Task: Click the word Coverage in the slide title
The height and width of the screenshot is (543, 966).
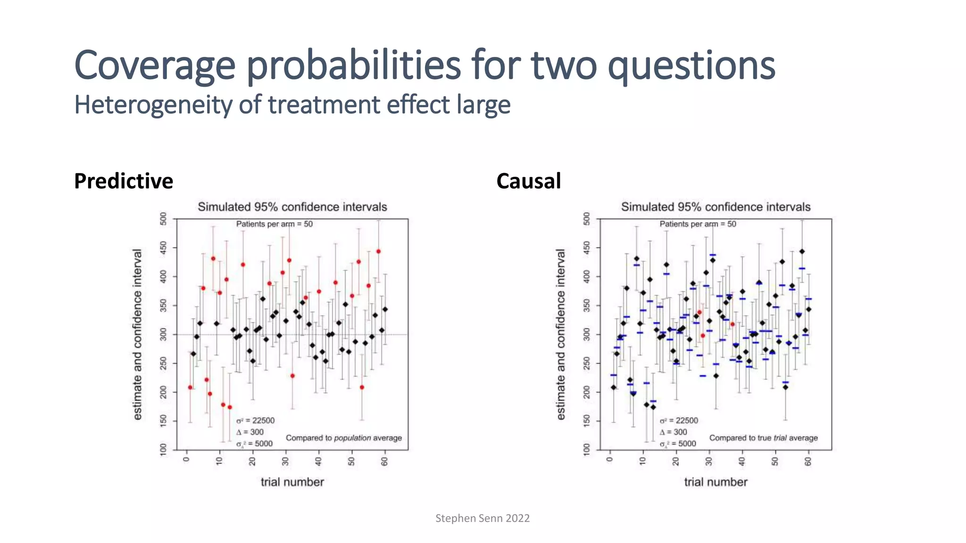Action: (155, 66)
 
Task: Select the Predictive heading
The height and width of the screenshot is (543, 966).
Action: (124, 181)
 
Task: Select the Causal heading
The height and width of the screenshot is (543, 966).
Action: (528, 181)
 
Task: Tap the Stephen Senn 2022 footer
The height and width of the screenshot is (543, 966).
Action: (482, 518)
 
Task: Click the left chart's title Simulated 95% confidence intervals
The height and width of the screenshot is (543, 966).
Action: (292, 207)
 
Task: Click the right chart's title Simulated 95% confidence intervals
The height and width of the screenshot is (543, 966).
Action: (715, 207)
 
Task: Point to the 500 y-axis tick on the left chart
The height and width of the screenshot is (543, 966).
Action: (164, 219)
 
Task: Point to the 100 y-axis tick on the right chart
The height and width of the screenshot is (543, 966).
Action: (587, 449)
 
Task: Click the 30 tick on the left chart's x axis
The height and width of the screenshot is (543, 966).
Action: (285, 461)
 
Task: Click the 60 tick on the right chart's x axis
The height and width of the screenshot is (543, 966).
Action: (808, 461)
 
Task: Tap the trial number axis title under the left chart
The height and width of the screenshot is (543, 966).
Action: (292, 482)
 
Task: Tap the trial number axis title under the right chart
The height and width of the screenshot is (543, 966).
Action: (715, 482)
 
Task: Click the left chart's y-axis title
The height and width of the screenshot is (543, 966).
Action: (137, 334)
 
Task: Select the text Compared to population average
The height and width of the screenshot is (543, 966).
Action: (343, 438)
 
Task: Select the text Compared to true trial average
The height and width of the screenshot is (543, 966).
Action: (763, 438)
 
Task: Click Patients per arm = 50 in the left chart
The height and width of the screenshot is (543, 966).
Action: (274, 224)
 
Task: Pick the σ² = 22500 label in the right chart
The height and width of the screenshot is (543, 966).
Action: (678, 420)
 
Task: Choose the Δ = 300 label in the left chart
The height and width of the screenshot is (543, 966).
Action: (250, 432)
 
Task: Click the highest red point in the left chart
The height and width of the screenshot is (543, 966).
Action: (378, 251)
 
